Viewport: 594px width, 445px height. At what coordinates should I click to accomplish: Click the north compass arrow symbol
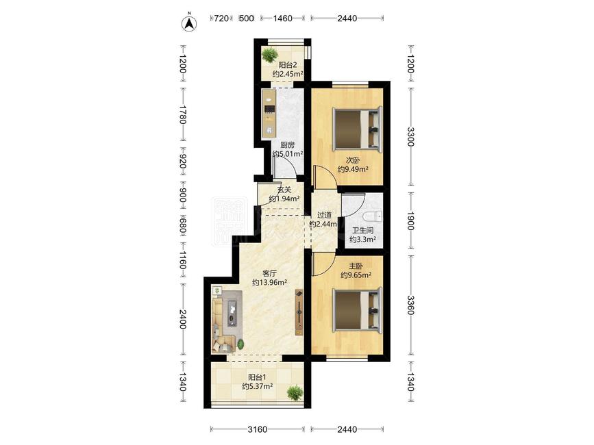coord(189,23)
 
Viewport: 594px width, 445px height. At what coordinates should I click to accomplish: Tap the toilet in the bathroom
coord(371,216)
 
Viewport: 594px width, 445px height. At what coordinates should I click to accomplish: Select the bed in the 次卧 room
coord(356,129)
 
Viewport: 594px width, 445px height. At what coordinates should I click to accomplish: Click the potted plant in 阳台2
coord(270,54)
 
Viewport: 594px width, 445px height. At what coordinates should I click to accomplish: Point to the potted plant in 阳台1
coord(295,393)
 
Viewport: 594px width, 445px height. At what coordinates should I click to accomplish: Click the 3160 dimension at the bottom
coord(257,429)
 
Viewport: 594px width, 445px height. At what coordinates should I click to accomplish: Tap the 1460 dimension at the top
coord(282,18)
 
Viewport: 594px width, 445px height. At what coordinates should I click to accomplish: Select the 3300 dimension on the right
coord(411,137)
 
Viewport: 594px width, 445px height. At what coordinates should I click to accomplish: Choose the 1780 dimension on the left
coord(183,114)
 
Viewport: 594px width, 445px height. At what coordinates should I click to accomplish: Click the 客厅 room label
coord(269,273)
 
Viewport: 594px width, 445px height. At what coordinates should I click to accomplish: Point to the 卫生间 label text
coord(362,230)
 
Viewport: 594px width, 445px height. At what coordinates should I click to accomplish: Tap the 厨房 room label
coord(287,145)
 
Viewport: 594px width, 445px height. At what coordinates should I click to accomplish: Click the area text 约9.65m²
coord(356,275)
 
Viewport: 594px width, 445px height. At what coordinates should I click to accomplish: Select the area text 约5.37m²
coord(258,386)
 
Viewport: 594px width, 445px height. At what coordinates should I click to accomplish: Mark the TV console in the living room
coord(299,312)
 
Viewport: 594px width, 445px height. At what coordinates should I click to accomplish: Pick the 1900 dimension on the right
coord(411,220)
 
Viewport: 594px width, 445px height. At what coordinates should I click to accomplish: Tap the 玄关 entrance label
coord(284,190)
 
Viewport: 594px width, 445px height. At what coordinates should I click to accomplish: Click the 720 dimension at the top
coord(221,18)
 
